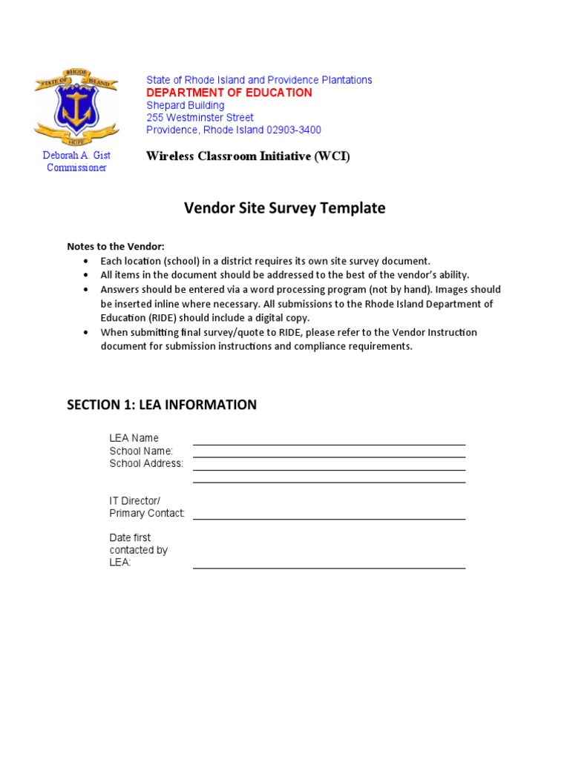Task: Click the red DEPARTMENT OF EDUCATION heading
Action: tap(229, 93)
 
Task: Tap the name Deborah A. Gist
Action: tap(76, 155)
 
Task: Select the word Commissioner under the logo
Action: tap(76, 168)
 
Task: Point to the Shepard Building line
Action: tap(185, 105)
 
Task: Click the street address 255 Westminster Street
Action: tap(200, 118)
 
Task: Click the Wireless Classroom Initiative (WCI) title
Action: tap(248, 156)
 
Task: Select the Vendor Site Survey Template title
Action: tap(284, 208)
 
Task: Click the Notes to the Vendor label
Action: tap(116, 247)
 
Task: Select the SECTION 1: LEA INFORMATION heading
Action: tap(162, 405)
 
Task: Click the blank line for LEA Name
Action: tap(329, 443)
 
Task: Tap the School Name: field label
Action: tap(141, 451)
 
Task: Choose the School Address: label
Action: tap(146, 463)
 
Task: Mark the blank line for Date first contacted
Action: tap(329, 567)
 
